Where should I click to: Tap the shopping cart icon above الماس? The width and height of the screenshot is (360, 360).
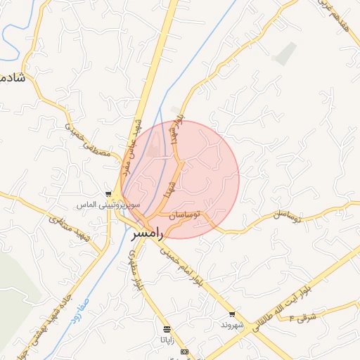point(108,194)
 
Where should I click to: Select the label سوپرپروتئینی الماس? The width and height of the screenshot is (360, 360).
point(108,205)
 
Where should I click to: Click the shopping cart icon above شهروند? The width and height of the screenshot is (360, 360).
point(232,314)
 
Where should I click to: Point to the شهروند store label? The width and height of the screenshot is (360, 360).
point(231,325)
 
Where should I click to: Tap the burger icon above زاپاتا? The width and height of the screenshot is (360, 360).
point(167,328)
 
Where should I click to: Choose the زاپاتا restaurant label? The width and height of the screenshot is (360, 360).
point(167,339)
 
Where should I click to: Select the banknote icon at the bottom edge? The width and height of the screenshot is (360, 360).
point(184,352)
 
